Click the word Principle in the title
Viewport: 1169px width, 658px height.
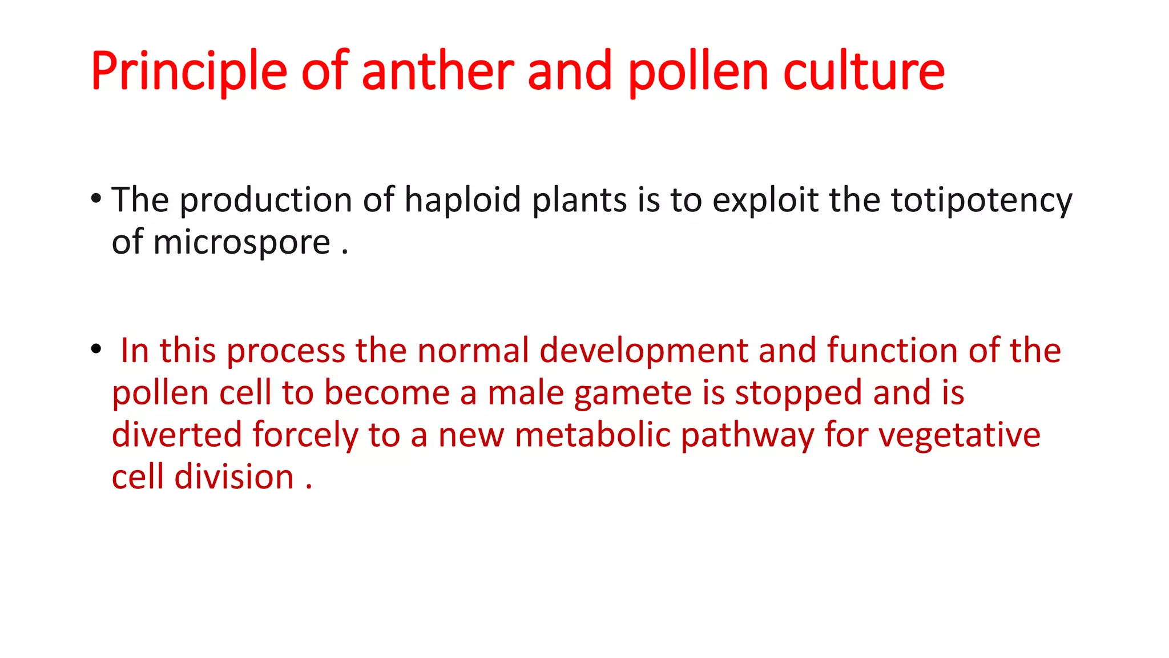point(189,71)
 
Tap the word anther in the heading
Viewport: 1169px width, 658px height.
point(438,71)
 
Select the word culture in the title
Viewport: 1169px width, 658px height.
point(864,71)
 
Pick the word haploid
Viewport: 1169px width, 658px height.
point(462,200)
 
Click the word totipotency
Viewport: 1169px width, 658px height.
point(982,200)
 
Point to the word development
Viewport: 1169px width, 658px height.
point(643,350)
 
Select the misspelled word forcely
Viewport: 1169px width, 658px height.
point(305,435)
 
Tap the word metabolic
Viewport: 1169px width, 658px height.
point(592,435)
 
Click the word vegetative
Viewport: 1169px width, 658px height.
point(959,435)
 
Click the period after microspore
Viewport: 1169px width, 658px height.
point(345,251)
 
